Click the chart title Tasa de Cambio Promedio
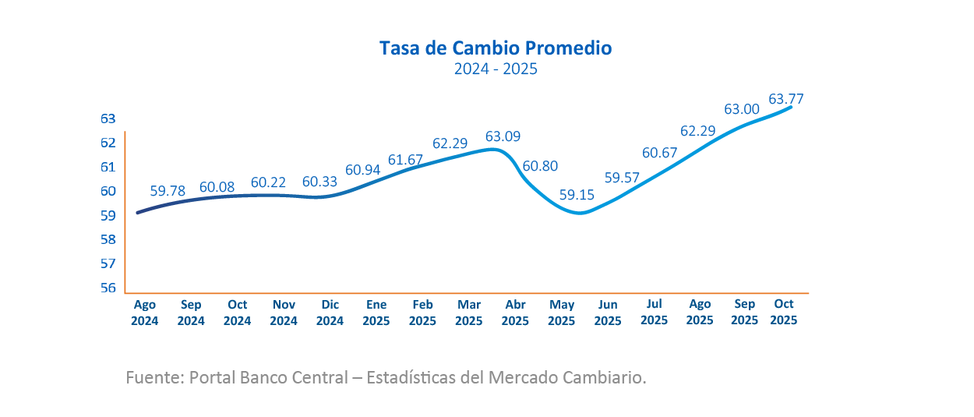[496, 48]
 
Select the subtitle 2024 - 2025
[496, 69]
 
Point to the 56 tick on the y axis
[108, 288]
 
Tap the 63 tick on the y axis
[108, 118]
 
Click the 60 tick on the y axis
[108, 191]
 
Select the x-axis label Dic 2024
[330, 313]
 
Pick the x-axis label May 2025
[562, 313]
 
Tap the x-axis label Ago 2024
[145, 313]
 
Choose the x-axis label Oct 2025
[783, 313]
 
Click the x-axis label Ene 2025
[376, 313]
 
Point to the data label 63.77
[786, 99]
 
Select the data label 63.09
[503, 137]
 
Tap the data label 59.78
[168, 190]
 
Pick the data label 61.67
[405, 160]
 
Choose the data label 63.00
[742, 110]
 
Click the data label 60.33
[319, 182]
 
